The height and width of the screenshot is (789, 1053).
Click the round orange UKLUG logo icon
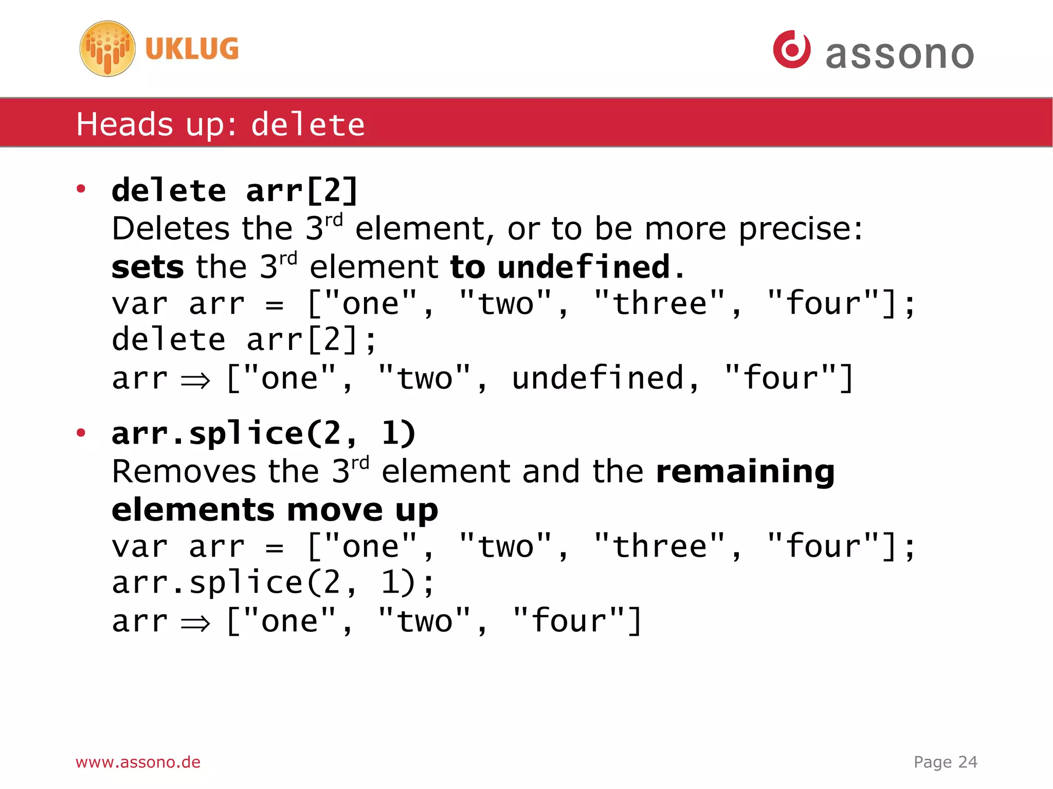click(107, 49)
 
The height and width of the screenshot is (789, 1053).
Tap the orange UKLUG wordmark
click(192, 49)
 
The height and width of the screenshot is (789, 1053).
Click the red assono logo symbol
click(792, 49)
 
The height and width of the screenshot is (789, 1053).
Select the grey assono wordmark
click(899, 54)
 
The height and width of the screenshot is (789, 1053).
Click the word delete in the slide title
click(308, 125)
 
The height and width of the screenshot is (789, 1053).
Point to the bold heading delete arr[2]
click(235, 191)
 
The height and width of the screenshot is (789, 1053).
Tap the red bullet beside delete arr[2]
click(81, 189)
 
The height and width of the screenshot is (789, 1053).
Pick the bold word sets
click(148, 267)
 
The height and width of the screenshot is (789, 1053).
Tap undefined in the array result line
click(598, 378)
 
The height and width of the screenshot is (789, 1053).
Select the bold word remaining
click(746, 471)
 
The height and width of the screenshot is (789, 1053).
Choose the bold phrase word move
click(335, 510)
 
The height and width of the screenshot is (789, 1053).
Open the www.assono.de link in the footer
click(138, 762)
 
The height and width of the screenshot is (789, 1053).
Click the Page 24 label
click(945, 762)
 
